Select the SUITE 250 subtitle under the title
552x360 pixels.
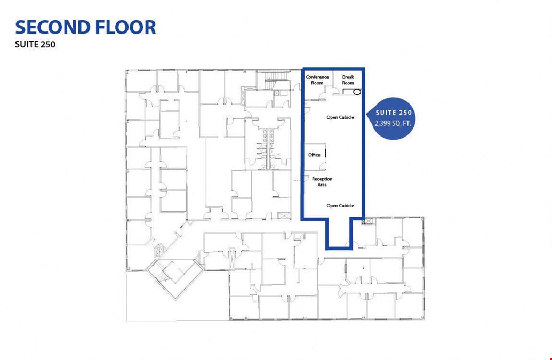pos(35,45)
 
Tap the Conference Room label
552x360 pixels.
pos(317,80)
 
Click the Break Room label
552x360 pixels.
pos(348,80)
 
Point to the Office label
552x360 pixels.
pos(314,155)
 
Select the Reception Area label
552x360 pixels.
pos(322,181)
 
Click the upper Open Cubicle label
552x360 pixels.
pos(340,117)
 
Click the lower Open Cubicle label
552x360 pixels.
pos(340,206)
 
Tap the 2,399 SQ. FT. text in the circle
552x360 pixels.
pos(393,124)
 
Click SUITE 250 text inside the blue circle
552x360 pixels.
pos(394,113)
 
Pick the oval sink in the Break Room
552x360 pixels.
pos(357,92)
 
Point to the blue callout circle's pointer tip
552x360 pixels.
pos(367,114)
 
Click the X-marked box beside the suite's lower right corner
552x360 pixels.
pos(368,221)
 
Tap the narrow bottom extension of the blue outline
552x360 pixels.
pos(339,233)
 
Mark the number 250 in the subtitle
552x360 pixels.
pos(47,45)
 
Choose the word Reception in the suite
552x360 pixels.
pos(322,179)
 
